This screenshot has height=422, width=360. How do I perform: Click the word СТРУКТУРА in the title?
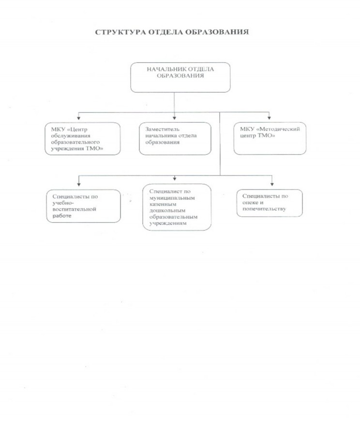point(120,32)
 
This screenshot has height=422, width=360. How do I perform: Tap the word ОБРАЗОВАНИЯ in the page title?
point(217,32)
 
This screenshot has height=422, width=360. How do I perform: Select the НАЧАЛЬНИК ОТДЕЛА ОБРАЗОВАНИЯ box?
point(180,77)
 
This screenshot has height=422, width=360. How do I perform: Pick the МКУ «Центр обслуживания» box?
point(82,139)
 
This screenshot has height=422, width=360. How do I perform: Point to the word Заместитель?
point(162,129)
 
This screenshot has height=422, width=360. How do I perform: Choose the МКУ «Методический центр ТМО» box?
point(270,138)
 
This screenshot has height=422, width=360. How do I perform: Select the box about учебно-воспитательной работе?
point(84,206)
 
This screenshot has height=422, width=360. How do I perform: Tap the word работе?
point(62,216)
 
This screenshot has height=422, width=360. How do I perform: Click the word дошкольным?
point(167,210)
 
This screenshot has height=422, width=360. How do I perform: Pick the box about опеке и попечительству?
point(270,203)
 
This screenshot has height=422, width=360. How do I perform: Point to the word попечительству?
point(264,209)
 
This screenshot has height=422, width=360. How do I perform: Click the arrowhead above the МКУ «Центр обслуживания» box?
point(79,118)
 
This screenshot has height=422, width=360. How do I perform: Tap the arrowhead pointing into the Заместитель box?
point(174,118)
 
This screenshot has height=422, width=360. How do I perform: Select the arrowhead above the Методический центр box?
point(269,117)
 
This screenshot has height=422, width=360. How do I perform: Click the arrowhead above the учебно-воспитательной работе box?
point(79,184)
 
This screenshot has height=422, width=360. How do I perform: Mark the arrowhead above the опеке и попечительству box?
point(272,184)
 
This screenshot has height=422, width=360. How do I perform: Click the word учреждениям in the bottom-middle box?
point(168,223)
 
